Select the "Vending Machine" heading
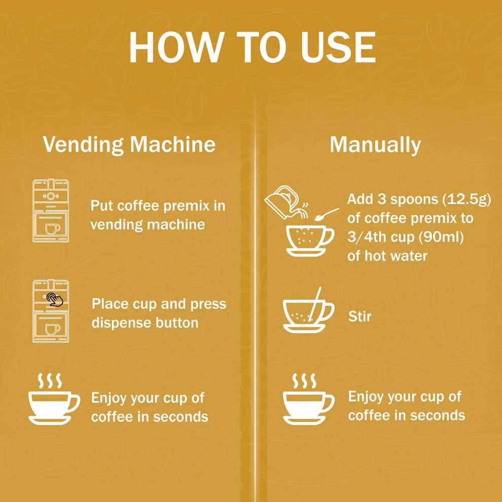tap(129, 145)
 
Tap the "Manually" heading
tap(375, 145)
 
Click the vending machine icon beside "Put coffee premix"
tap(51, 210)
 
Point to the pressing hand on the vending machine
tap(54, 299)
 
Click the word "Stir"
tap(360, 317)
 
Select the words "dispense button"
tap(145, 322)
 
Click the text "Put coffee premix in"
tap(158, 206)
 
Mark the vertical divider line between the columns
tap(255, 304)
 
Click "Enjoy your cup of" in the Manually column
tap(405, 397)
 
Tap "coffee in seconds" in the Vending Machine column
tap(150, 416)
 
